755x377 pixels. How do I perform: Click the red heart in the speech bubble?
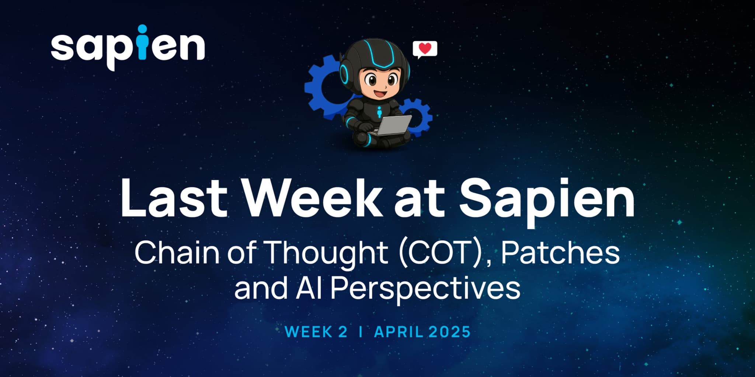pos(425,49)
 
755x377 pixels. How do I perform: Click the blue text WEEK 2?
pos(316,332)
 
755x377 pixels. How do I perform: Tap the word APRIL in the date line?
pos(399,332)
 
